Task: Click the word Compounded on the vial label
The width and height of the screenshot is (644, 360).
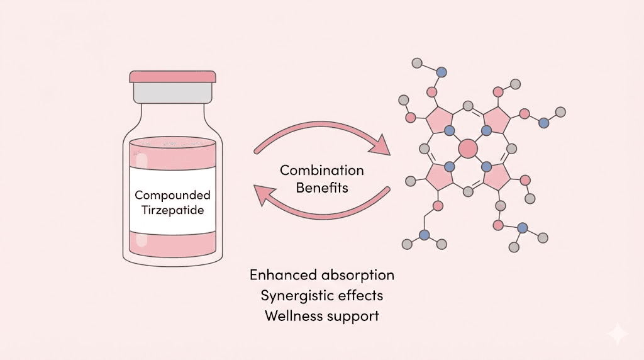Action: click(172, 195)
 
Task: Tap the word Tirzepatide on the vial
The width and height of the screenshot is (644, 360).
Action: click(172, 210)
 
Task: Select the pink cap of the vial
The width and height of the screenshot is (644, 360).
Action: click(172, 76)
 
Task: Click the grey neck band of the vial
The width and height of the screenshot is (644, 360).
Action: click(172, 93)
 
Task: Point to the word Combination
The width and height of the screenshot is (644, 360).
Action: click(321, 171)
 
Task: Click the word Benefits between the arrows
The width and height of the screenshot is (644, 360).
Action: click(321, 188)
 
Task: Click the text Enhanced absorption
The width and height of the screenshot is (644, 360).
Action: click(321, 275)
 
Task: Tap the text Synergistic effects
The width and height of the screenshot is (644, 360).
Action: click(321, 295)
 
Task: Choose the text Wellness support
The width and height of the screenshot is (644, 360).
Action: click(321, 315)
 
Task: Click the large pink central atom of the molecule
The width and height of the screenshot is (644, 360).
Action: click(467, 149)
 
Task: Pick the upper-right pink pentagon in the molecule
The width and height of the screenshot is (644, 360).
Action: click(496, 120)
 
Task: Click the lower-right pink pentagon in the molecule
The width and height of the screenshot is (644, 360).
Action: click(496, 177)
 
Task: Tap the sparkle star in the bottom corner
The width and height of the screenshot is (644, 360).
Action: click(618, 334)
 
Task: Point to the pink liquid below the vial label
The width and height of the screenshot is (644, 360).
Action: click(172, 242)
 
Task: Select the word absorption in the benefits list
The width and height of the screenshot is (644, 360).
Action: click(358, 276)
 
